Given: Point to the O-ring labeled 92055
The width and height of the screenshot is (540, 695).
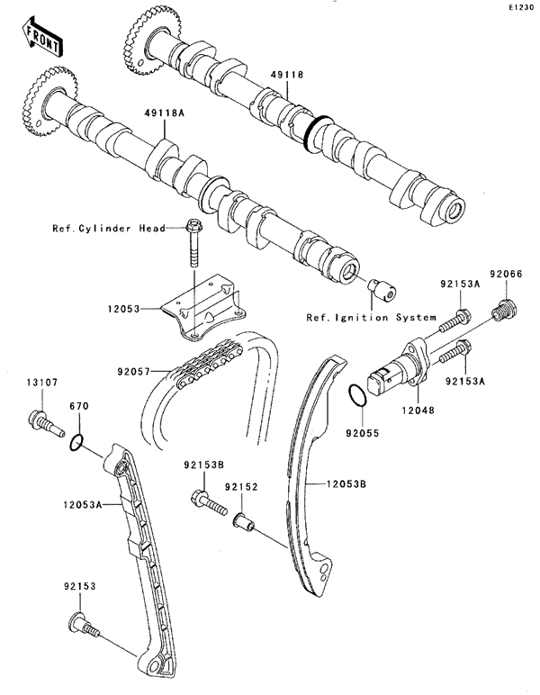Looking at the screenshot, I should [356, 395].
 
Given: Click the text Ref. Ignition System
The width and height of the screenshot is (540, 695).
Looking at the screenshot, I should [371, 317].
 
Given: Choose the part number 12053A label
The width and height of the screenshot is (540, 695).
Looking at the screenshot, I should [85, 506].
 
